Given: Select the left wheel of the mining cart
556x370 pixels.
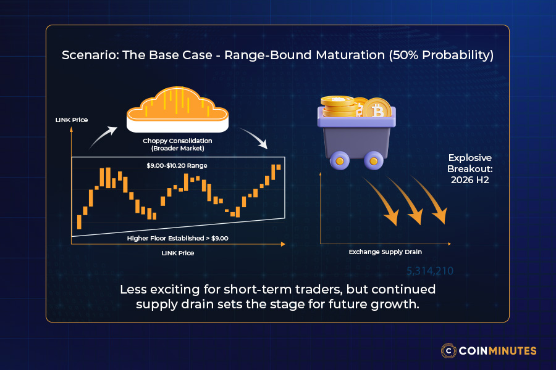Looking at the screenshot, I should tap(338, 162).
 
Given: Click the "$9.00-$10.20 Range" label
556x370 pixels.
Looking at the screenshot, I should tap(178, 166).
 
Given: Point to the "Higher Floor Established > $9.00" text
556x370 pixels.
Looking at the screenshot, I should tap(178, 237).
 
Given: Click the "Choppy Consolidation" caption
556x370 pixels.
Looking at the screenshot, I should tap(177, 141).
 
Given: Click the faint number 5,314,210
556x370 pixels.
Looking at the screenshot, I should tap(429, 271).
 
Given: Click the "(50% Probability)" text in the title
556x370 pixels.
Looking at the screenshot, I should tap(440, 55).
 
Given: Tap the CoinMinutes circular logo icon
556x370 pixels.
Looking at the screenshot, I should tap(449, 350).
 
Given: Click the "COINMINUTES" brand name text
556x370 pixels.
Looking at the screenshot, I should tap(498, 350).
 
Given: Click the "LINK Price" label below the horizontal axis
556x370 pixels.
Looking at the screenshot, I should tap(178, 253).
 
